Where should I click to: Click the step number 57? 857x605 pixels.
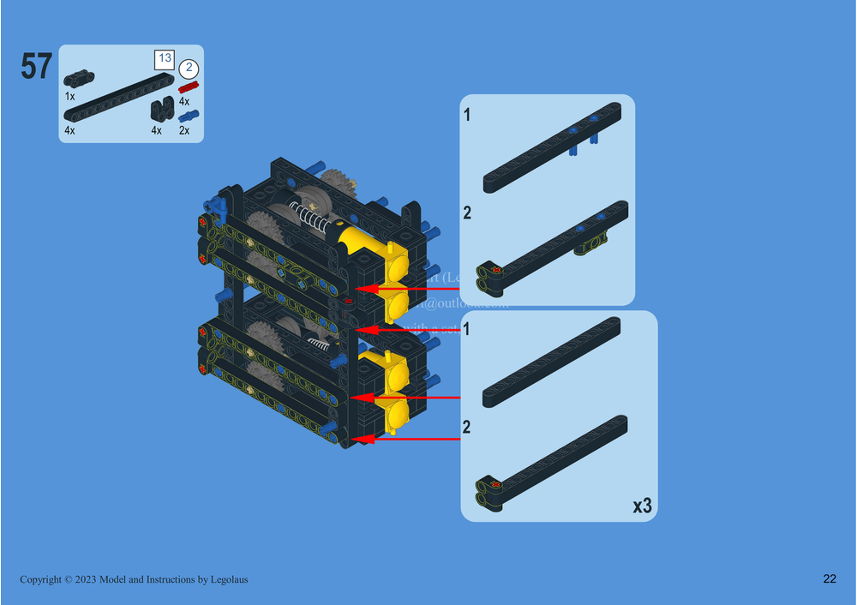(x=37, y=67)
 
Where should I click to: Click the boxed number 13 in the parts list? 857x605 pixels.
(x=163, y=59)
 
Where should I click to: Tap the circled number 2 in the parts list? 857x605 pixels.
(x=189, y=69)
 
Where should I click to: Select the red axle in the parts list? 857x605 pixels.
(x=188, y=87)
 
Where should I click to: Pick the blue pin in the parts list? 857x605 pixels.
(x=188, y=116)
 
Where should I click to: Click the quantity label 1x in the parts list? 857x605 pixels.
(x=69, y=97)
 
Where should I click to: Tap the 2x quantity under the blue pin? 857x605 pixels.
(x=184, y=131)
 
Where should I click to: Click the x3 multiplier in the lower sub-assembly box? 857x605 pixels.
(x=642, y=506)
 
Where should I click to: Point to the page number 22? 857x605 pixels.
(x=830, y=579)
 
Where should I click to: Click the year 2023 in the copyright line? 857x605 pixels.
(x=84, y=580)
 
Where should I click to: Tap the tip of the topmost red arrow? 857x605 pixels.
(x=358, y=289)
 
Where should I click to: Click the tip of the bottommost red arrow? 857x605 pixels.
(x=357, y=439)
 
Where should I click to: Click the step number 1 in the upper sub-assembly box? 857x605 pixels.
(x=467, y=115)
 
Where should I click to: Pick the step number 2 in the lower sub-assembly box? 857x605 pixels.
(x=467, y=427)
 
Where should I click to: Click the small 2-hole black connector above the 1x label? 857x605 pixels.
(x=79, y=79)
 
